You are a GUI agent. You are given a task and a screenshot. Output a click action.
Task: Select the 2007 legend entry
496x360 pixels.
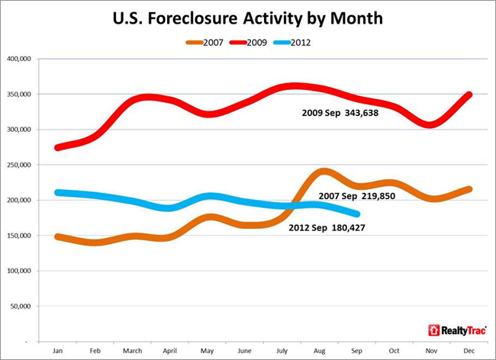[206, 42]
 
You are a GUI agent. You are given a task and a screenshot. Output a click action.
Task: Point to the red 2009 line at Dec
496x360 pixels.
[469, 95]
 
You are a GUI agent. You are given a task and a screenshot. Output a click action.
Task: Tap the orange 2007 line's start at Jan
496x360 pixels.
[58, 236]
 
